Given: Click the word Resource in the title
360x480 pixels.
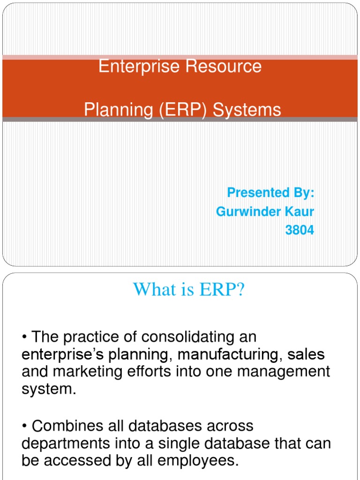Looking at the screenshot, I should click(224, 67).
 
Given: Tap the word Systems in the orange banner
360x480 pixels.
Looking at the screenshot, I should click(247, 110).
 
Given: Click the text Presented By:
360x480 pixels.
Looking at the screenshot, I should click(270, 193).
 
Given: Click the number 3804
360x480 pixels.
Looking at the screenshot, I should click(300, 231).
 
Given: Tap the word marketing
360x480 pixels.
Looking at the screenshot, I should click(85, 372).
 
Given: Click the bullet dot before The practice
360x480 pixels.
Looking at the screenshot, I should click(24, 337).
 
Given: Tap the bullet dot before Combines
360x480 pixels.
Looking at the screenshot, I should click(24, 426).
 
